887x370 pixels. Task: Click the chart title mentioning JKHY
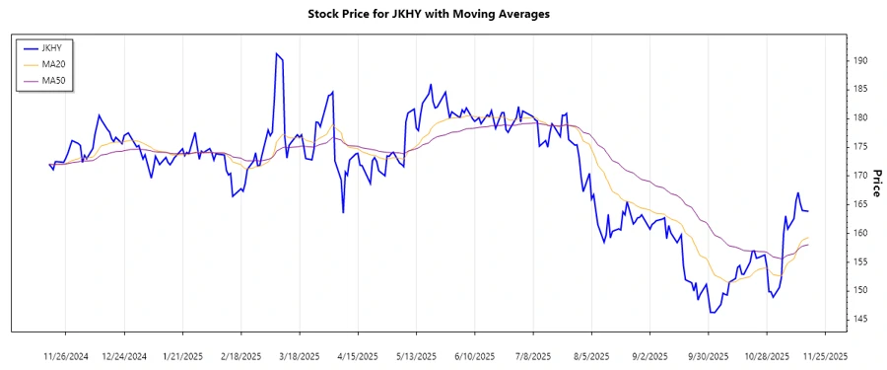pyautogui.click(x=443, y=14)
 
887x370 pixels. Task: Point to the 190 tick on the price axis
pyautogui.click(x=859, y=60)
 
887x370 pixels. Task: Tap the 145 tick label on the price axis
pyautogui.click(x=859, y=319)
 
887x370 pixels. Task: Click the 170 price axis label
pyautogui.click(x=859, y=176)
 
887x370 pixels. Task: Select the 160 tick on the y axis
pyautogui.click(x=859, y=233)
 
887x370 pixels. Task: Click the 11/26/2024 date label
pyautogui.click(x=66, y=355)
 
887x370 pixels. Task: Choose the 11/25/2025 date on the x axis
pyautogui.click(x=823, y=355)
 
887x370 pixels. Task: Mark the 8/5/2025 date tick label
pyautogui.click(x=591, y=355)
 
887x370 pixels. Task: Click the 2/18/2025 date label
pyautogui.click(x=240, y=355)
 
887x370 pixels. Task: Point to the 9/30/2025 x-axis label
pyautogui.click(x=708, y=355)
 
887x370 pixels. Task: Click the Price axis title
pyautogui.click(x=875, y=182)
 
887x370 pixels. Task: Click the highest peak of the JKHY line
pyautogui.click(x=277, y=53)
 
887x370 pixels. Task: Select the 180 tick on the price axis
pyautogui.click(x=859, y=117)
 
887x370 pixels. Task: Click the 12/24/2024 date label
pyautogui.click(x=124, y=355)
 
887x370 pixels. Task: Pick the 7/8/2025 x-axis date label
pyautogui.click(x=533, y=355)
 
